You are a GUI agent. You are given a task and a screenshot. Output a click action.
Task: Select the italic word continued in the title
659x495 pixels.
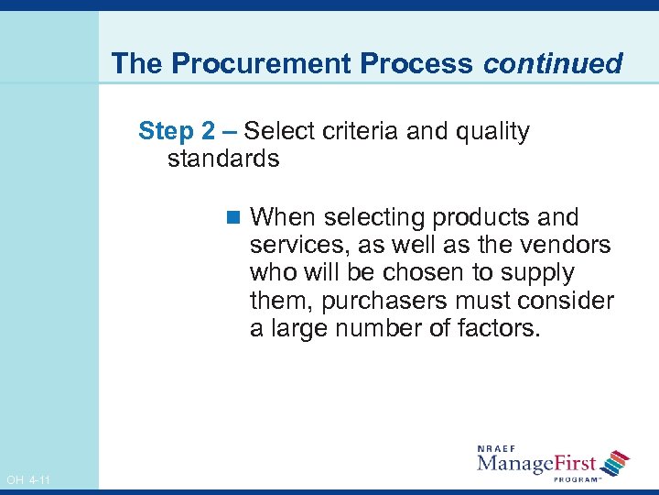[553, 63]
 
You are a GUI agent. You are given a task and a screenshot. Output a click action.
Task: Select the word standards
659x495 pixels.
[223, 159]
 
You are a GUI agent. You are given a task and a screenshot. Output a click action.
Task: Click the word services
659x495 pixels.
[293, 245]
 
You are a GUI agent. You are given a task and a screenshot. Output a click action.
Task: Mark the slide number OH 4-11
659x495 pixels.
[27, 480]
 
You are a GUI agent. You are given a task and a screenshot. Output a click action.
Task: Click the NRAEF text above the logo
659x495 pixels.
[498, 447]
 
